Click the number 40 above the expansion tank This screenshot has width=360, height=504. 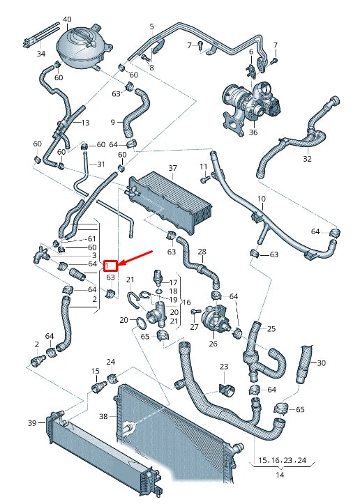coord(67,19)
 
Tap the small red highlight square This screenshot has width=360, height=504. coord(110,266)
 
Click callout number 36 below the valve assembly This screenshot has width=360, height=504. coord(253,132)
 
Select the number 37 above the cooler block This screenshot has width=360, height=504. coord(172,168)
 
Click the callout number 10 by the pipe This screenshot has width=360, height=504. coord(262,199)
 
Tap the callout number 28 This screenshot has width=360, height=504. coord(202,252)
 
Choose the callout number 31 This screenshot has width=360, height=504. coord(100,165)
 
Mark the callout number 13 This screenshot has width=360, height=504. coord(86,123)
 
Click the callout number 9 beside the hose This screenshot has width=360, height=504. coord(112,122)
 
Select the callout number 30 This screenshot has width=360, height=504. coord(321,363)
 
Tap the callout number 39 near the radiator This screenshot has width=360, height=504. coord(31,423)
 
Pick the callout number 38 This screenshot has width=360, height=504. coord(104,416)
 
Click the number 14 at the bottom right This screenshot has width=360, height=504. coord(280,475)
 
